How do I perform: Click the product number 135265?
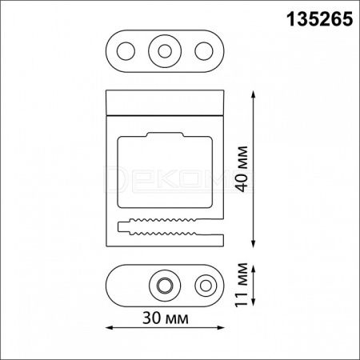click(x=319, y=19)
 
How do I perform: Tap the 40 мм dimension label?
click(x=242, y=169)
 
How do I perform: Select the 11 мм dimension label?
click(x=242, y=285)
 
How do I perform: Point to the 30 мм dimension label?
click(x=166, y=318)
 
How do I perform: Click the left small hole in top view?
click(x=126, y=51)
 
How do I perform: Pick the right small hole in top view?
click(x=204, y=51)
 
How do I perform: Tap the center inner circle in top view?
click(x=165, y=51)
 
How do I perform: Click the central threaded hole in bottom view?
click(x=165, y=286)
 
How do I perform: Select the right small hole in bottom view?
click(x=206, y=286)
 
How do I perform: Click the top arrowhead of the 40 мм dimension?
click(x=254, y=94)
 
